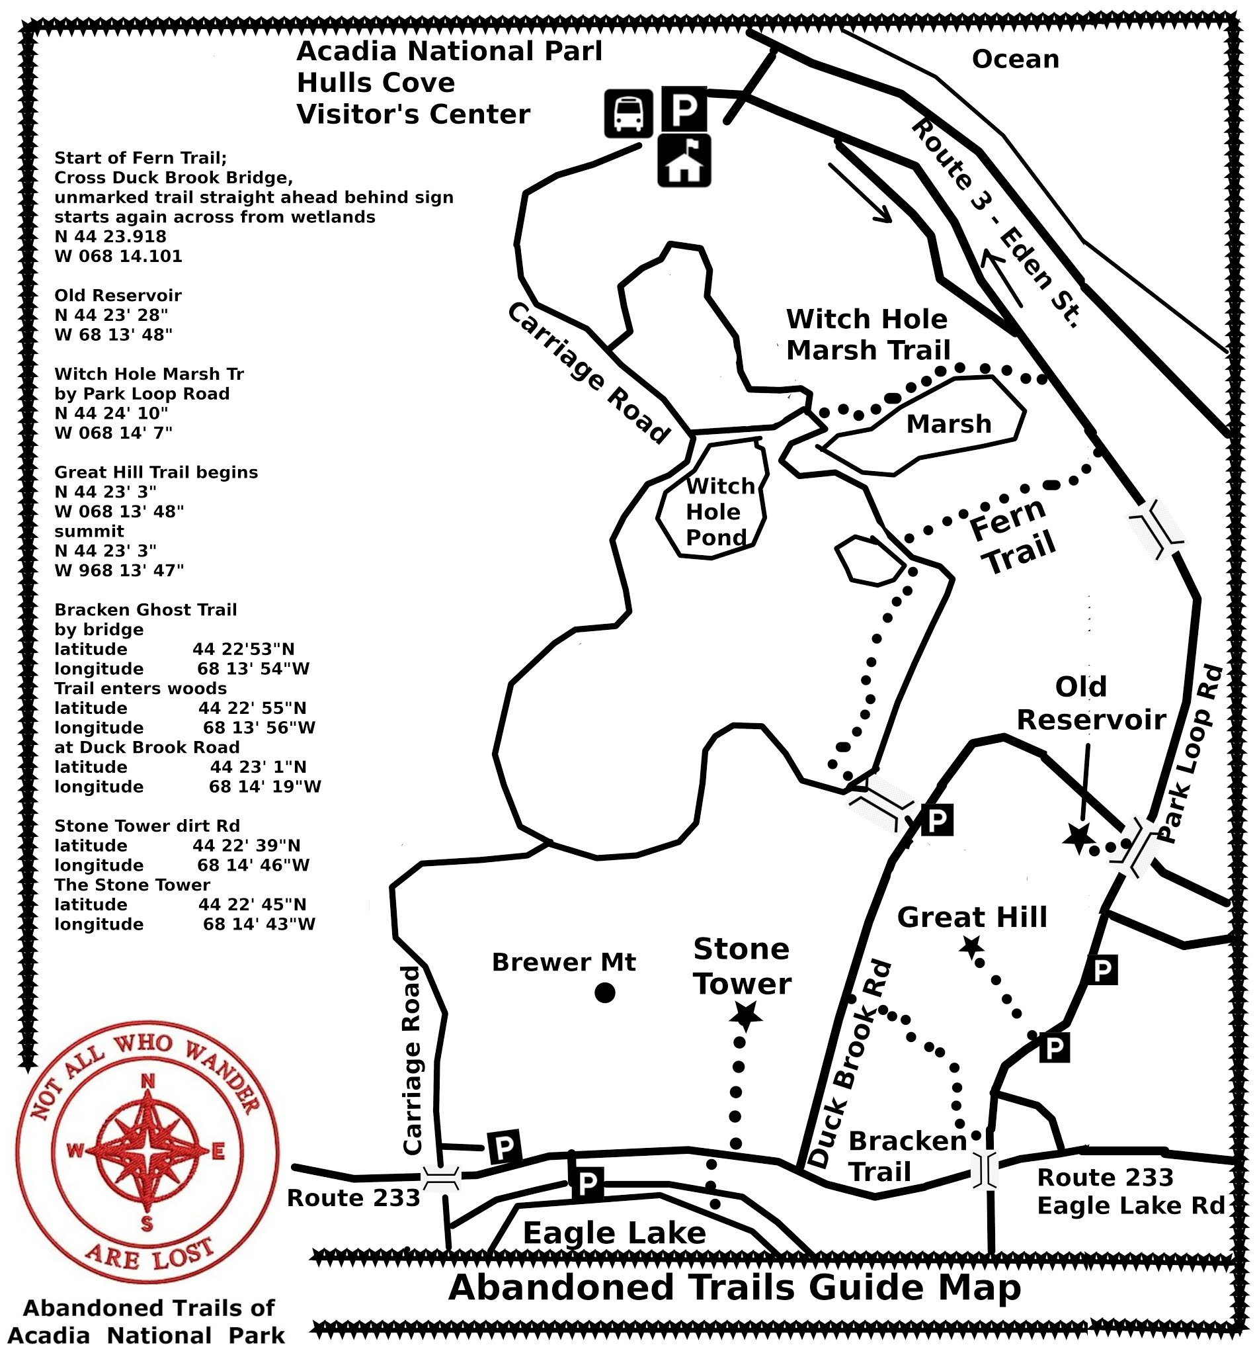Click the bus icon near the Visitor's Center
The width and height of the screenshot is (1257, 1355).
point(628,113)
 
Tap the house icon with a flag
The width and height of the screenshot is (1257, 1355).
point(684,161)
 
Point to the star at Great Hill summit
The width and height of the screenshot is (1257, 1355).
point(971,946)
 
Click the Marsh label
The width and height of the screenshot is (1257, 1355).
point(949,424)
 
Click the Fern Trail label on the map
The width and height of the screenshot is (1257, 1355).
point(1012,536)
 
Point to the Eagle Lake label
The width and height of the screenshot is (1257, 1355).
point(614,1233)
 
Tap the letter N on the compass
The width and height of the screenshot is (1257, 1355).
point(147,1081)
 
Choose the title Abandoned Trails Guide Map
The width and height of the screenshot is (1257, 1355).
point(735,1288)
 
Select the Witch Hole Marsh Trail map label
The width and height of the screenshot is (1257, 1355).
point(868,334)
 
